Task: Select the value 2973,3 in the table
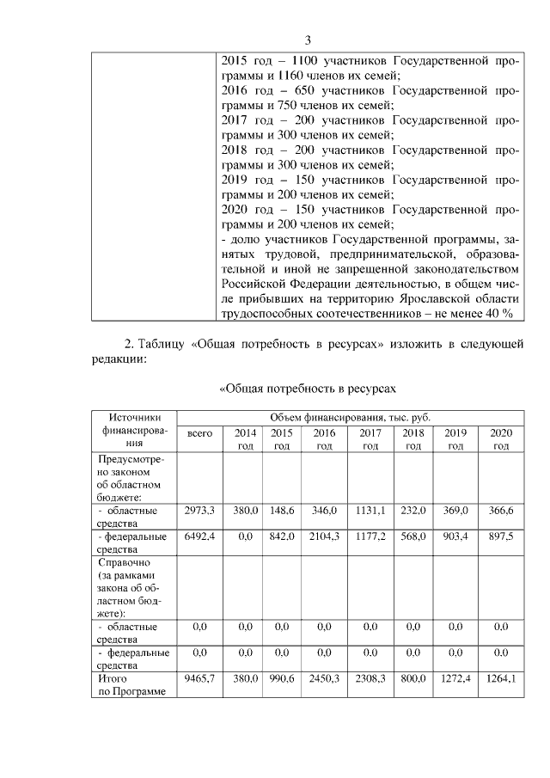pos(199,511)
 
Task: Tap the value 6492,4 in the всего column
pos(199,536)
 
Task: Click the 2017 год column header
pos(370,439)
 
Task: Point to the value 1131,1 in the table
pos(370,511)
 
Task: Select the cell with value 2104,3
pos(324,536)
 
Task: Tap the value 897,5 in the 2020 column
pos(500,536)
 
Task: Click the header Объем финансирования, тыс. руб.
pos(350,417)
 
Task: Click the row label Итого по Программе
pos(130,685)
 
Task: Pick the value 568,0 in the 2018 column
pos(412,536)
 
